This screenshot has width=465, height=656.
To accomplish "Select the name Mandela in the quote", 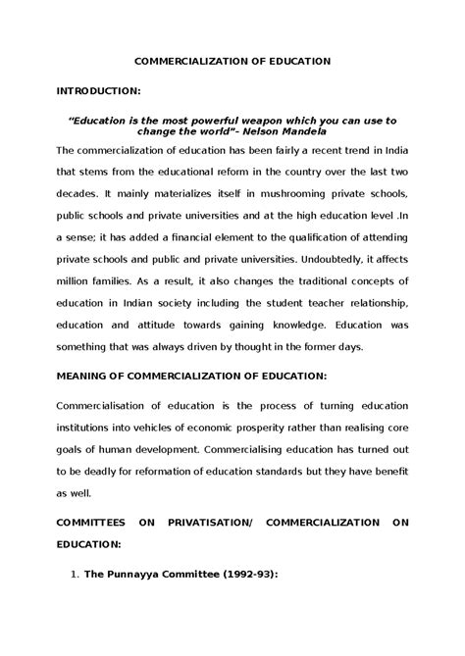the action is coord(333,130).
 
